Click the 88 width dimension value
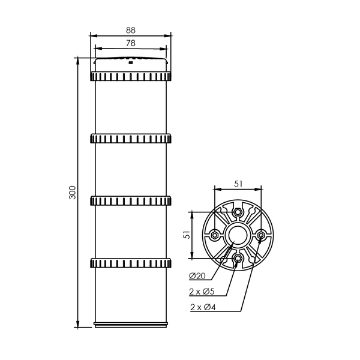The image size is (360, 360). pos(131,31)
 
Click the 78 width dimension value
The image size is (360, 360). pos(131,43)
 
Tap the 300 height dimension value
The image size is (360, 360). pos(73,193)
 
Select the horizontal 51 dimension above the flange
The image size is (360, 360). pos(238,184)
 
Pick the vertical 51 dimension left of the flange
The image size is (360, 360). pos(188,235)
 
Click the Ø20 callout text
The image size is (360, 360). pos(197,276)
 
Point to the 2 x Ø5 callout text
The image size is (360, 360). pos(202,292)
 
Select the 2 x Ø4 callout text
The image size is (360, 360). pos(203,307)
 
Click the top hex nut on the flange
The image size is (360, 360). pos(238,212)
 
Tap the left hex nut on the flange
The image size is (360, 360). pos(214,235)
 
